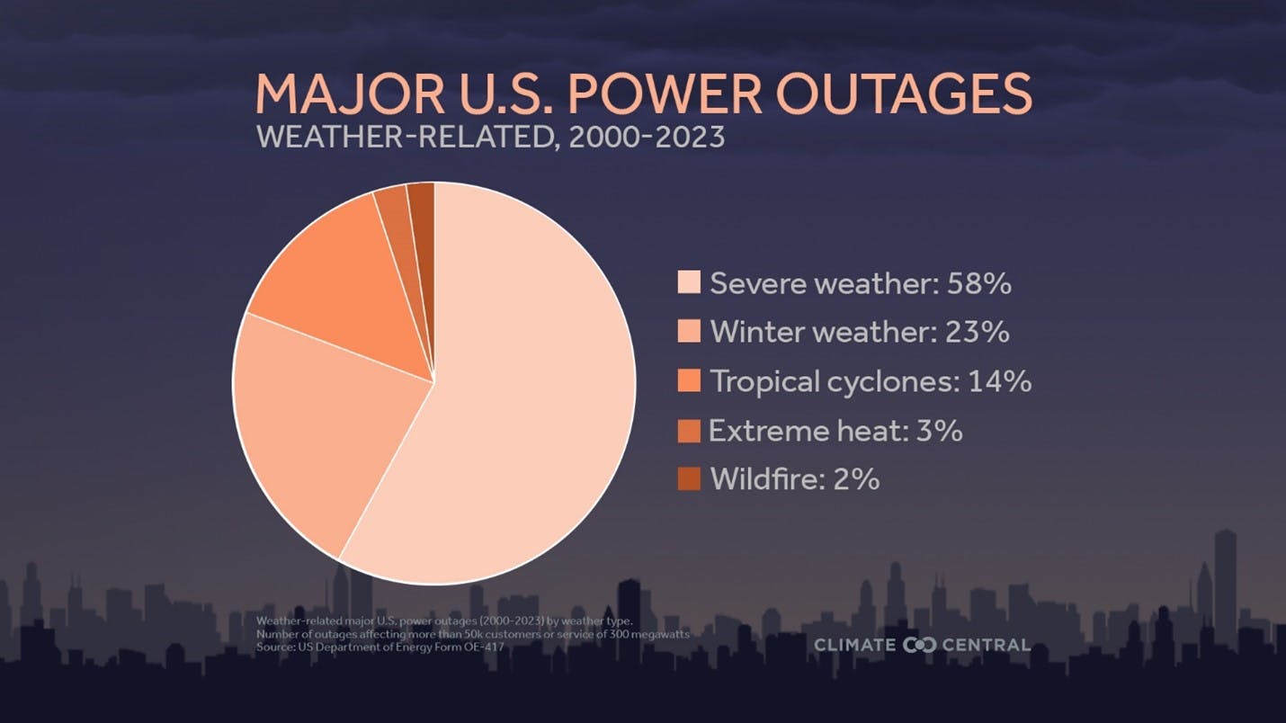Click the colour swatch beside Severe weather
(689, 283)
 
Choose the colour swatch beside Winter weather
(689, 332)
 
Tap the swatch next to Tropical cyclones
(689, 381)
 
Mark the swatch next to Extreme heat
(689, 431)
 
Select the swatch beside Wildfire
(689, 479)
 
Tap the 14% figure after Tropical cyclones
(999, 381)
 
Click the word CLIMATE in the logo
(854, 645)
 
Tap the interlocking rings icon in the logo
(919, 645)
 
